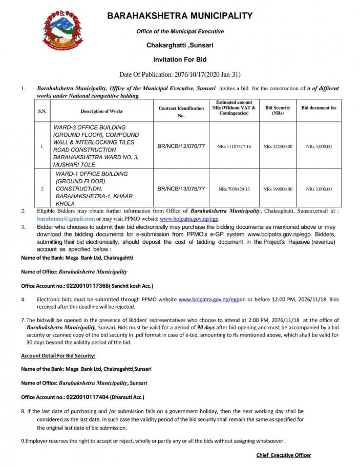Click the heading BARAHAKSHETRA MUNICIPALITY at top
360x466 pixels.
(x=180, y=16)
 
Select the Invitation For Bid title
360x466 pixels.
(x=180, y=59)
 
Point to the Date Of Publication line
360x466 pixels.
(x=180, y=74)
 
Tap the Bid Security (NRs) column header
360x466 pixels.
(x=278, y=111)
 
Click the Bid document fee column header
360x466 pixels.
(x=319, y=108)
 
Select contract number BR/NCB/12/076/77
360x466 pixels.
(x=181, y=146)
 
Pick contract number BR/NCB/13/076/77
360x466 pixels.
(x=181, y=189)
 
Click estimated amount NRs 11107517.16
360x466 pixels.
(x=234, y=147)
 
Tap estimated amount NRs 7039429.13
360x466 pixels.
(x=234, y=189)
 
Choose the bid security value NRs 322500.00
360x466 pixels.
(x=278, y=147)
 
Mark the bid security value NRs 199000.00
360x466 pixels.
(x=278, y=189)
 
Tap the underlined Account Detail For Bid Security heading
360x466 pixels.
(x=58, y=355)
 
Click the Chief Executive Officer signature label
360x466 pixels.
(x=283, y=455)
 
